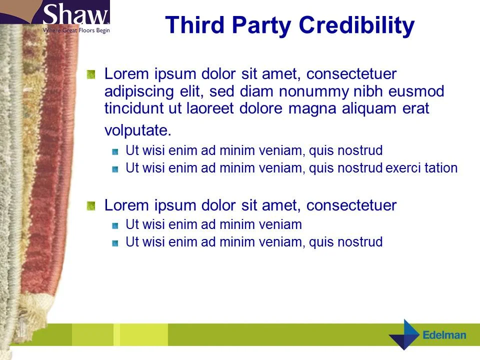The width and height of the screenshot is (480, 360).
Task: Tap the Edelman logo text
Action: (444, 335)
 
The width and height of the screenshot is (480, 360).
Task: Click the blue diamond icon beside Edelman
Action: (404, 334)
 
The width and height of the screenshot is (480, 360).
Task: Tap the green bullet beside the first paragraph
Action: (90, 74)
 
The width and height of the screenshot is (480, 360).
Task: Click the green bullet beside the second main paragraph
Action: (90, 205)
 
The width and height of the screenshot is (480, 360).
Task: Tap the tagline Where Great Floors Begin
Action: (75, 30)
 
